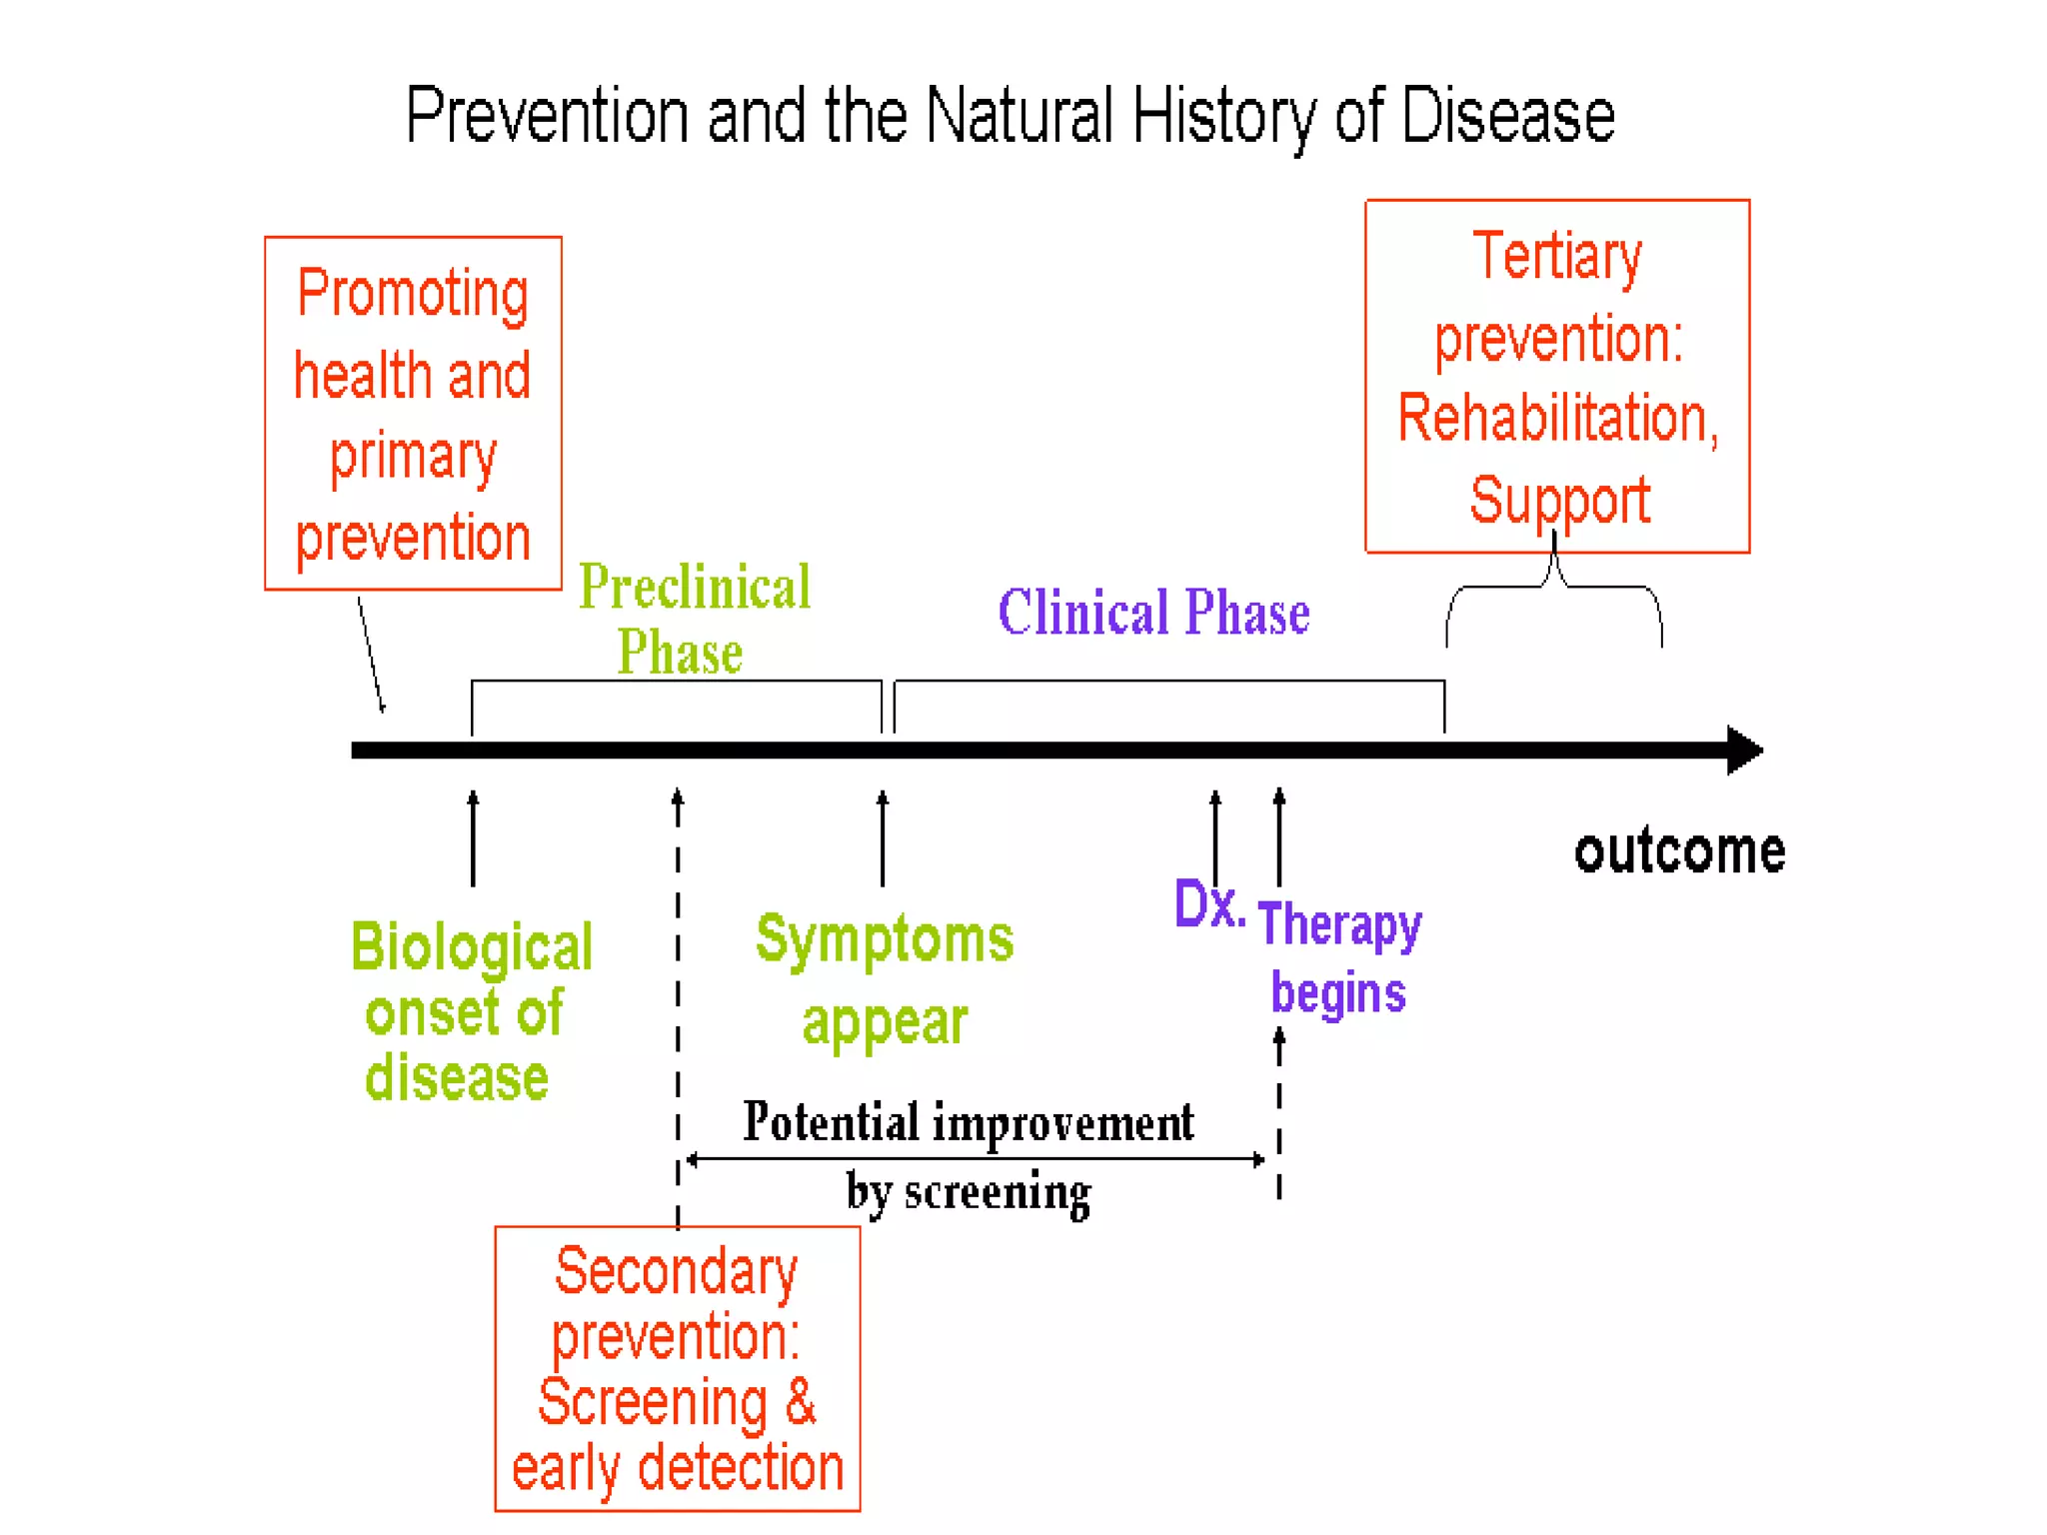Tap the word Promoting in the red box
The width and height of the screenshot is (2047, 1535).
pyautogui.click(x=413, y=295)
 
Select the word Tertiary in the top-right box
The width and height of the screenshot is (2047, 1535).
pyautogui.click(x=1557, y=257)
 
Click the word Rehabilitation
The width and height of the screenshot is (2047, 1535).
pyautogui.click(x=1557, y=418)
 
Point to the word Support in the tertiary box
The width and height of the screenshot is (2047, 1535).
pyautogui.click(x=1559, y=500)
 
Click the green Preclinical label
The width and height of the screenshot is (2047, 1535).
pyautogui.click(x=695, y=588)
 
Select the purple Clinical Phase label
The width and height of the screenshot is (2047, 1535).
pyautogui.click(x=1153, y=613)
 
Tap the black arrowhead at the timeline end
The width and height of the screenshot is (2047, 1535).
pyautogui.click(x=1744, y=751)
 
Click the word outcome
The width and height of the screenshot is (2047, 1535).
pyautogui.click(x=1679, y=851)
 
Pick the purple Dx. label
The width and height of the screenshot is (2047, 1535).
pyautogui.click(x=1208, y=904)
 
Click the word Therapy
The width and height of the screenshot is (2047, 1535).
pyautogui.click(x=1339, y=925)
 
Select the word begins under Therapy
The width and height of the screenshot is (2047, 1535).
pyautogui.click(x=1338, y=993)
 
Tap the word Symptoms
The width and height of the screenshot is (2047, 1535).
pyautogui.click(x=885, y=940)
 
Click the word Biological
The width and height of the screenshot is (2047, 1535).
pyautogui.click(x=472, y=947)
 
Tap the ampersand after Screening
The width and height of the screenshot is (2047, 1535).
pyautogui.click(x=801, y=1402)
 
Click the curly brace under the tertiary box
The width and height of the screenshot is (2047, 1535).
pyautogui.click(x=1554, y=590)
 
